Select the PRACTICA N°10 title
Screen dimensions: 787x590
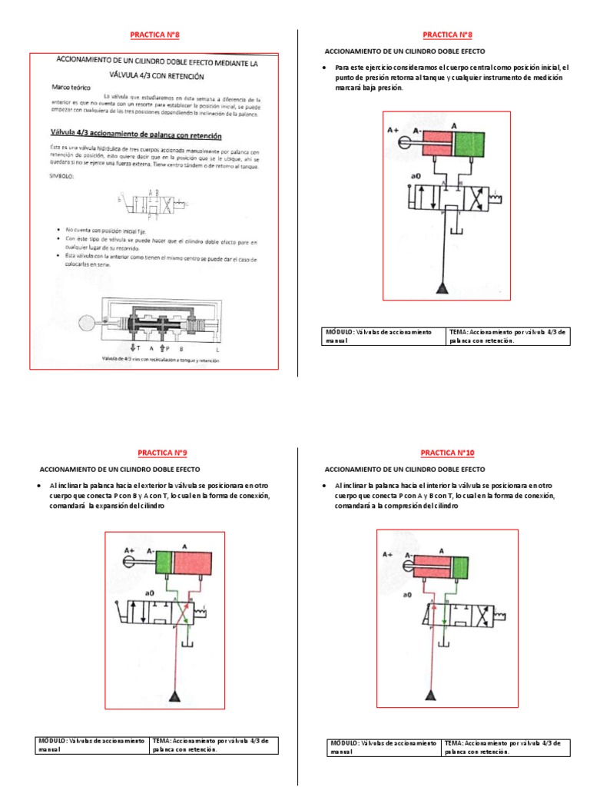pyautogui.click(x=447, y=453)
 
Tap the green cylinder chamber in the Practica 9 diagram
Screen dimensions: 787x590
pyautogui.click(x=165, y=565)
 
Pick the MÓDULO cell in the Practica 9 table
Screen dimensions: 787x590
pyautogui.click(x=93, y=745)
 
